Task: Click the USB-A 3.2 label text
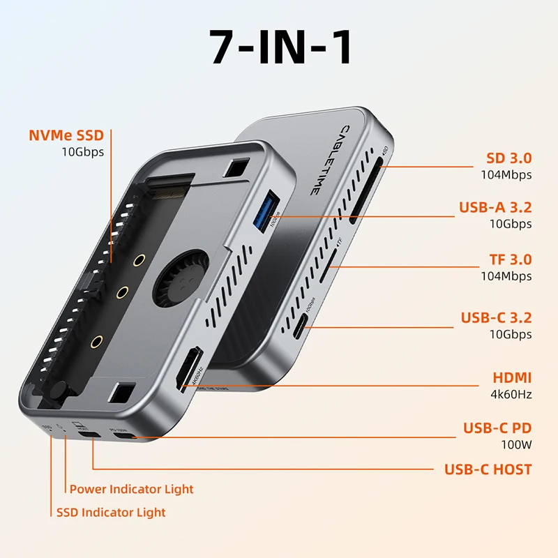tap(495, 207)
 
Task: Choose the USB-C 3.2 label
tap(496, 318)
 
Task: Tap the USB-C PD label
tap(497, 428)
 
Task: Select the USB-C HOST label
tap(488, 469)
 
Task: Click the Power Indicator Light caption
tap(131, 489)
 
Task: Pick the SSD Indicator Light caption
tap(111, 512)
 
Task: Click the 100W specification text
tap(517, 444)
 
